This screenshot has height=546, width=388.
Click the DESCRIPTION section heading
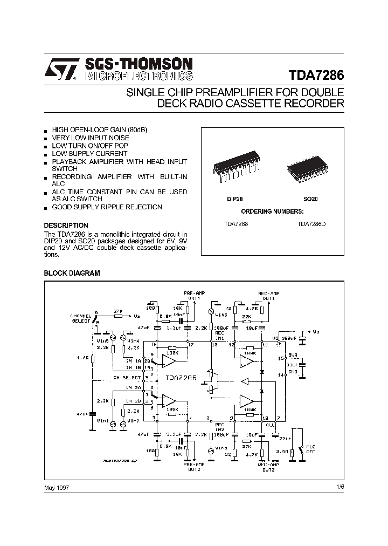[x=66, y=225]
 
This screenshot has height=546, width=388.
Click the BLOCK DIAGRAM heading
[x=72, y=274]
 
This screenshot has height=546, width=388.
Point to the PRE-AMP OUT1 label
[x=193, y=295]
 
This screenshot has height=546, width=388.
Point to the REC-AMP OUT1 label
[x=267, y=295]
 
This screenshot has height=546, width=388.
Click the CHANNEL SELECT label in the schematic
[x=81, y=318]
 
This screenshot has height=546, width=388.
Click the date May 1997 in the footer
[x=57, y=487]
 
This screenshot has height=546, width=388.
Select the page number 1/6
[x=339, y=487]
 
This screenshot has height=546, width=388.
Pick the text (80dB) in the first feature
[x=137, y=131]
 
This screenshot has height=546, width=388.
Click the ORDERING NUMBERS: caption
[x=272, y=211]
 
